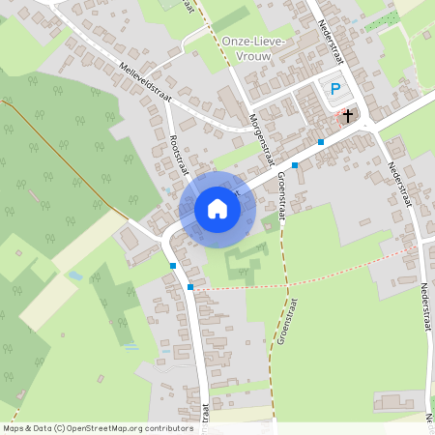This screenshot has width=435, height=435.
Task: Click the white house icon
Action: (217, 208)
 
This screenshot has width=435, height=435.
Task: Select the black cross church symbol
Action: (348, 115)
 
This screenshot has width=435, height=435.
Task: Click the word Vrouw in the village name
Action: (245, 57)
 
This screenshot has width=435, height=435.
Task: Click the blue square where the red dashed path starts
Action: (190, 287)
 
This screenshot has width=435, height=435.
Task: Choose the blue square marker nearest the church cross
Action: (320, 142)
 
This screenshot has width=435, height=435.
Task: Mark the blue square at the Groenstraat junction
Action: (295, 165)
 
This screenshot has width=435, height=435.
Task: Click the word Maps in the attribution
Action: (14, 427)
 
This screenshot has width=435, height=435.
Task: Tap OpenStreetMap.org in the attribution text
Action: (104, 427)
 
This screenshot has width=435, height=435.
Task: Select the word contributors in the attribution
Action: (167, 427)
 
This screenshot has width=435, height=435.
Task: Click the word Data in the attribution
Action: (42, 427)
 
